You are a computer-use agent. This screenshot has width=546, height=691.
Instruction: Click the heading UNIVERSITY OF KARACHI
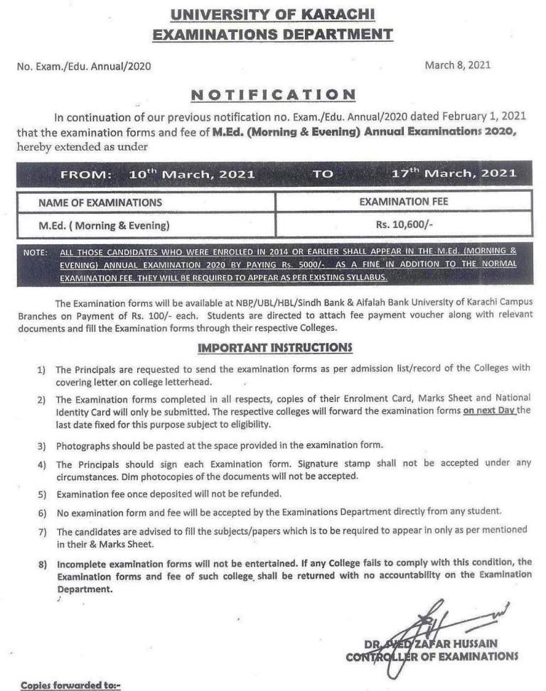(x=273, y=13)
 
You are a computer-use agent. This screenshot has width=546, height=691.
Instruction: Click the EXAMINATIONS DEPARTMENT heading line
(x=273, y=33)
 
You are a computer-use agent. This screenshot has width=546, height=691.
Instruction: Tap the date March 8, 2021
(x=457, y=65)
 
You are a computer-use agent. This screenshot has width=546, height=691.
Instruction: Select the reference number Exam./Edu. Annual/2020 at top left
(x=84, y=67)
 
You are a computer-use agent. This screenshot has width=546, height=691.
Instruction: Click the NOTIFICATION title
(x=274, y=94)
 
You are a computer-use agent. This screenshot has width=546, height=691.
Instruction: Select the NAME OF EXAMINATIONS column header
(x=100, y=202)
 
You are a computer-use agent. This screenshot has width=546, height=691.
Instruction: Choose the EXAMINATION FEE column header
(x=403, y=202)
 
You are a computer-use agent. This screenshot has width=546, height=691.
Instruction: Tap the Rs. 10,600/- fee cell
(x=404, y=226)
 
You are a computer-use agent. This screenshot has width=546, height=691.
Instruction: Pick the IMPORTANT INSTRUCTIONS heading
(x=274, y=347)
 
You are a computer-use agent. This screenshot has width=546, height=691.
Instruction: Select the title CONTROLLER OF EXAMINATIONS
(x=432, y=657)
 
